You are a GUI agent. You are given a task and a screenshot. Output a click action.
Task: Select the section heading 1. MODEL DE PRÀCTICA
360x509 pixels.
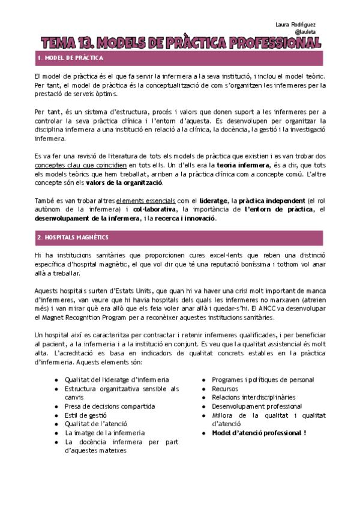click(x=70, y=58)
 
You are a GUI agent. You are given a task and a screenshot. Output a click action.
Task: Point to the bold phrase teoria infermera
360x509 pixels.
click(x=225, y=164)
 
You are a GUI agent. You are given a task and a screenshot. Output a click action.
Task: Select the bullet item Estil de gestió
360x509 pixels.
click(x=85, y=415)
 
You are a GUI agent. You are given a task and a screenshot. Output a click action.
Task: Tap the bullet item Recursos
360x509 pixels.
click(x=225, y=388)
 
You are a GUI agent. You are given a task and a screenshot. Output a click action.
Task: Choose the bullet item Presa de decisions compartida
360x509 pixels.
click(x=109, y=406)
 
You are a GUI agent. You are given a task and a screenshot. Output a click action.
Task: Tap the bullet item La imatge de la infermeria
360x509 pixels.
click(x=104, y=433)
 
